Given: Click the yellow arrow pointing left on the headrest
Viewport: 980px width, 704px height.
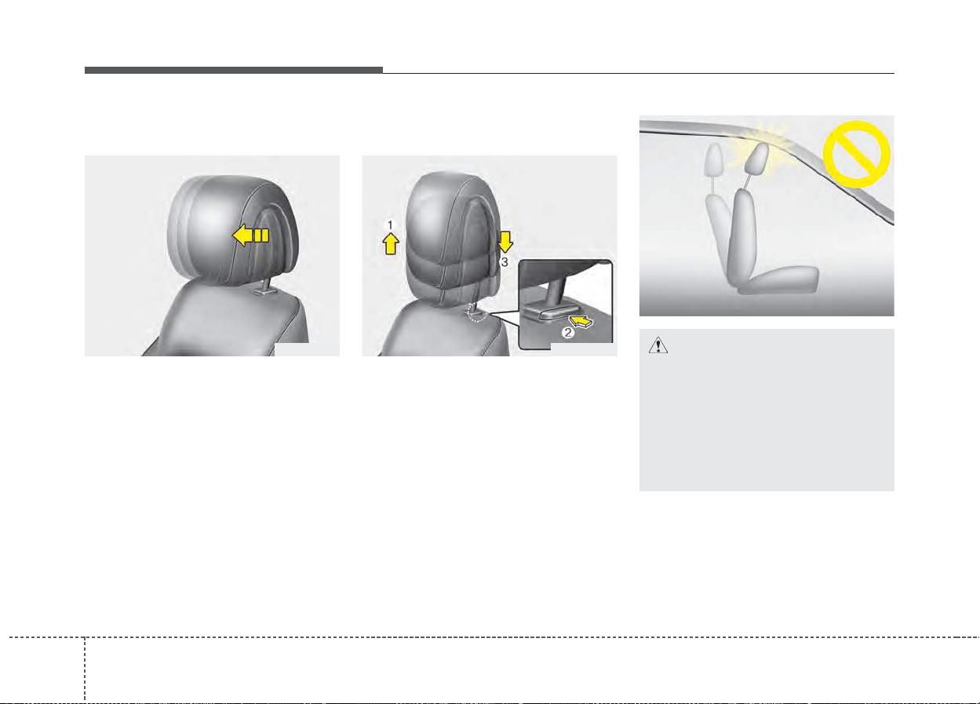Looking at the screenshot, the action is (x=250, y=235).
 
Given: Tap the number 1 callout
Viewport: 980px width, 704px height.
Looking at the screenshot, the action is (x=390, y=225).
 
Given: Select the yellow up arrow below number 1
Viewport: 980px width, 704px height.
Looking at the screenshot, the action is (x=391, y=244).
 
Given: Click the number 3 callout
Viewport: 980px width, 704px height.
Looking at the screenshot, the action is (x=505, y=262).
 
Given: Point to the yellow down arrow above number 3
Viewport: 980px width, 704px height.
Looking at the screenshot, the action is (x=505, y=243).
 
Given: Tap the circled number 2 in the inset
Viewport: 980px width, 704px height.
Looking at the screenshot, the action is (x=567, y=333).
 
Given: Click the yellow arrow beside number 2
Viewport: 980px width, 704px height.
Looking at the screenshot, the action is (x=583, y=323).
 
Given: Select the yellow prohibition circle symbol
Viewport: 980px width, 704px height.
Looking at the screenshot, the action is (x=856, y=155).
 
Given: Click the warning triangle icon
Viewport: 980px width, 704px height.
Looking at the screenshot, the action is (x=658, y=345).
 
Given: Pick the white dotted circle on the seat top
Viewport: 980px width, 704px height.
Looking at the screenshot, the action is (x=476, y=313).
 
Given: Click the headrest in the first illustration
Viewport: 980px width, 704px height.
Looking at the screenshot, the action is (x=233, y=230).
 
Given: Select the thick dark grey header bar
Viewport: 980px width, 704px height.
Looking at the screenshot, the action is (x=234, y=70).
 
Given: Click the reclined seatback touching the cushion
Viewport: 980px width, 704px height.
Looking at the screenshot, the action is (x=744, y=237).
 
